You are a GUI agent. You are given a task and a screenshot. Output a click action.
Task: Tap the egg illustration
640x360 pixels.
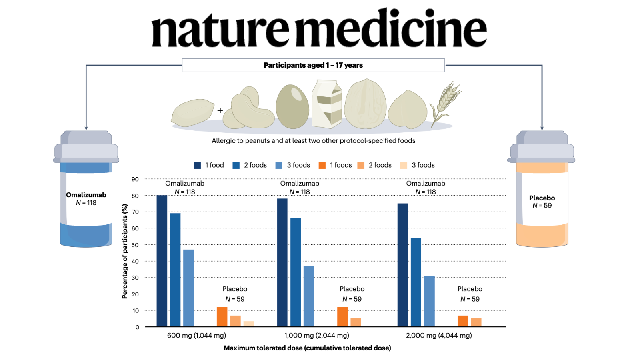point(292,106)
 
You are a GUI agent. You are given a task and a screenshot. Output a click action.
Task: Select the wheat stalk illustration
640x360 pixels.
point(446,104)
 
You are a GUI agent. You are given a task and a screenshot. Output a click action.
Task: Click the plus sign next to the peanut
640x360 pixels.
point(220,110)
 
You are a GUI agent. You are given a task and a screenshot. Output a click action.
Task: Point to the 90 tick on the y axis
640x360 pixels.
point(135,180)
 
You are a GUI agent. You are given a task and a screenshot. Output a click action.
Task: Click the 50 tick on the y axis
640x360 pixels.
point(135,245)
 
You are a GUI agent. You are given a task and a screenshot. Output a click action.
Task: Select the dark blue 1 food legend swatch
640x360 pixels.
point(197,166)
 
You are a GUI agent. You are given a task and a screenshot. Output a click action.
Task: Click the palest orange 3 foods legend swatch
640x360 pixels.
point(404,166)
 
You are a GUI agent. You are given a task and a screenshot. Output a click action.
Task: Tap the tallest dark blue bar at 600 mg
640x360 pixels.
point(162,261)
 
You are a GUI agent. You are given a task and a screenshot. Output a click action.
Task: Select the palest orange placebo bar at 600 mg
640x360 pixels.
point(248,324)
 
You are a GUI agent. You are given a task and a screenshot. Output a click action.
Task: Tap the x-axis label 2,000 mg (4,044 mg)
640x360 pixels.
point(439,336)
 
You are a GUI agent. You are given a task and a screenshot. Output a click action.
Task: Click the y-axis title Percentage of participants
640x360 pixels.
point(124,252)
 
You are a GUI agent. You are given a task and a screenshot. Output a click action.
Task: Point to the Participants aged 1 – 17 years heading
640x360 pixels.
point(313,65)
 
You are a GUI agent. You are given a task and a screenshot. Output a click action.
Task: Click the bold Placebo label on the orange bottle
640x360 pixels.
point(542,198)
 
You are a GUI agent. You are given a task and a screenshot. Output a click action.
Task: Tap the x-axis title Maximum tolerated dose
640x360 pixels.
point(308,348)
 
